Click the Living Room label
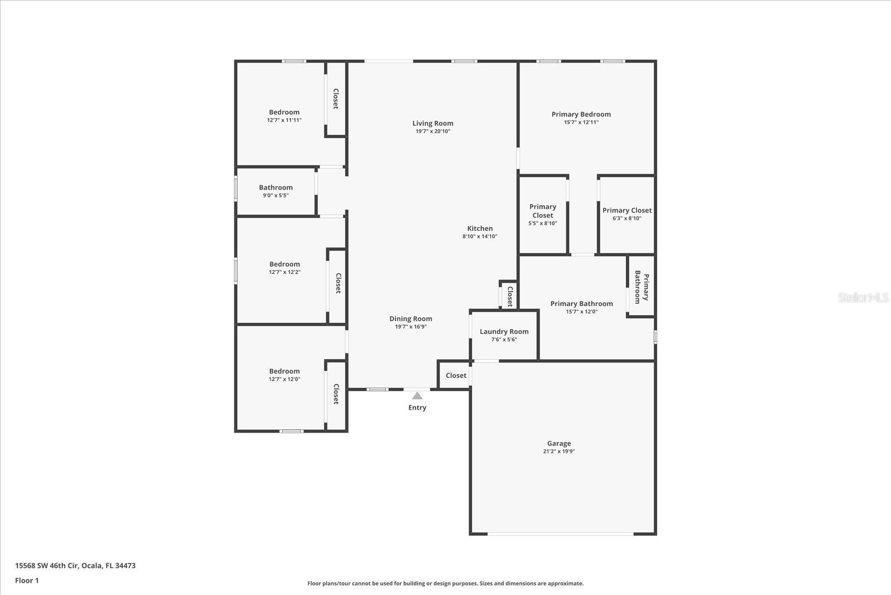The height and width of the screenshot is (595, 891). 433,123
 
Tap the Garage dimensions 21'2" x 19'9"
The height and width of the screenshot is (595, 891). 559,451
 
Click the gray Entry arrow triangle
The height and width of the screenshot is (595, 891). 417,396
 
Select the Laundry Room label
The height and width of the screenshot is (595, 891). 504,331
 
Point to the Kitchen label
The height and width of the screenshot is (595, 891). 479,228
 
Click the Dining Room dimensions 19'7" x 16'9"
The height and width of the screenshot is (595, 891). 410,327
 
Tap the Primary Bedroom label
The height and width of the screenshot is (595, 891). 581,114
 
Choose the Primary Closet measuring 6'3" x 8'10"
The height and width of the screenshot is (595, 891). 626,211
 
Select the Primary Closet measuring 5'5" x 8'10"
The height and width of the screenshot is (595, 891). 542,211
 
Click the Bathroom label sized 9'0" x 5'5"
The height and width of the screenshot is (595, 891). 276,187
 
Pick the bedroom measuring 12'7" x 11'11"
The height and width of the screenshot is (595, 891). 284,112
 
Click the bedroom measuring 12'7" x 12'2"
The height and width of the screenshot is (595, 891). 285,264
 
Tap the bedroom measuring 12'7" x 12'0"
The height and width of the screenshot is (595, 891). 285,371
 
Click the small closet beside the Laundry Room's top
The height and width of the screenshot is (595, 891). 509,296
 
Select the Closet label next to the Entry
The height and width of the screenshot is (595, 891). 456,375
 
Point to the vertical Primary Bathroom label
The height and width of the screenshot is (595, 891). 642,287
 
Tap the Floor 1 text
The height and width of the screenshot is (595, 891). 27,581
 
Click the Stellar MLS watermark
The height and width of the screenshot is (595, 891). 863,298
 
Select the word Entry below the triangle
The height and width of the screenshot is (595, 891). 417,408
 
